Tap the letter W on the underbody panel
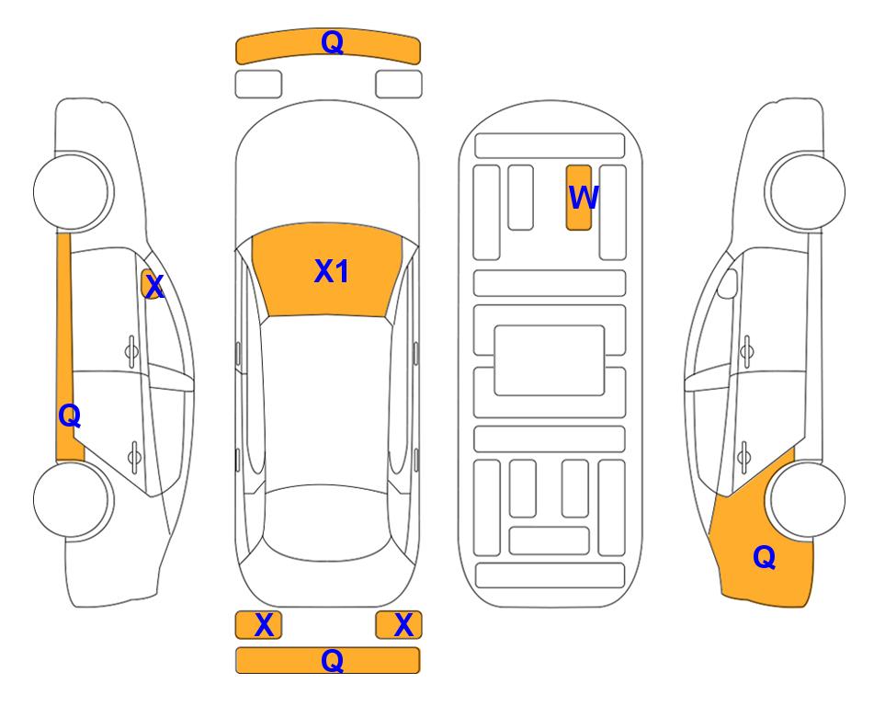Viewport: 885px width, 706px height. tap(583, 197)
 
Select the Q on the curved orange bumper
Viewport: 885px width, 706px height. tap(332, 41)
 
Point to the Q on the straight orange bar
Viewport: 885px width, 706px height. tap(332, 660)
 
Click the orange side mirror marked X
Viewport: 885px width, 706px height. tap(151, 284)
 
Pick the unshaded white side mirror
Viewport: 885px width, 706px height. tap(728, 283)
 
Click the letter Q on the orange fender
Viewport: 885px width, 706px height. tap(765, 557)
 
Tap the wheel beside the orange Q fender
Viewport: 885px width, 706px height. tap(807, 499)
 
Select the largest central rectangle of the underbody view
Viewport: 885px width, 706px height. tap(550, 360)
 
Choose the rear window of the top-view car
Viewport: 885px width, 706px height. tap(327, 522)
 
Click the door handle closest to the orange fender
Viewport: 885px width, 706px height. tap(744, 457)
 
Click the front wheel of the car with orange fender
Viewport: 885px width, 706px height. tap(807, 192)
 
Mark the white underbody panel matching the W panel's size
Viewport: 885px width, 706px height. tap(520, 198)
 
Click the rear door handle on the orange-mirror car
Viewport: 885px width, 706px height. tap(134, 456)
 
